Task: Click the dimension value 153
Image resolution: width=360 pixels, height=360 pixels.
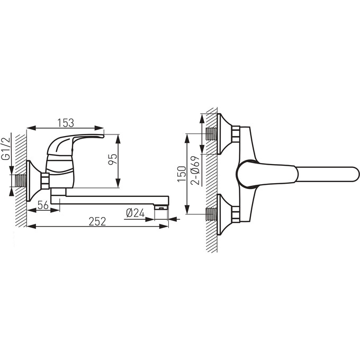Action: (x=65, y=122)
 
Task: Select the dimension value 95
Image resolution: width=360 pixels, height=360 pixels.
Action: (x=112, y=160)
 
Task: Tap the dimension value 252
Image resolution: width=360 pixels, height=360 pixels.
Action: (x=97, y=221)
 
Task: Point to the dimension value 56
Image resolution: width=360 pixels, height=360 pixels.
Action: (x=42, y=204)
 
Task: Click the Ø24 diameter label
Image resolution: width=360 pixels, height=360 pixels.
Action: (x=136, y=213)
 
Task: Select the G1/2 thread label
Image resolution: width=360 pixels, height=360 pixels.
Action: (x=6, y=149)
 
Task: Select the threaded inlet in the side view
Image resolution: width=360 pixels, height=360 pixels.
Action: (x=20, y=180)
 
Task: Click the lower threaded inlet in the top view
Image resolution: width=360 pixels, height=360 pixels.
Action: (x=211, y=214)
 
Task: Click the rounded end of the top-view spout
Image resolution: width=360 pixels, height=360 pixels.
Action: (x=352, y=174)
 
